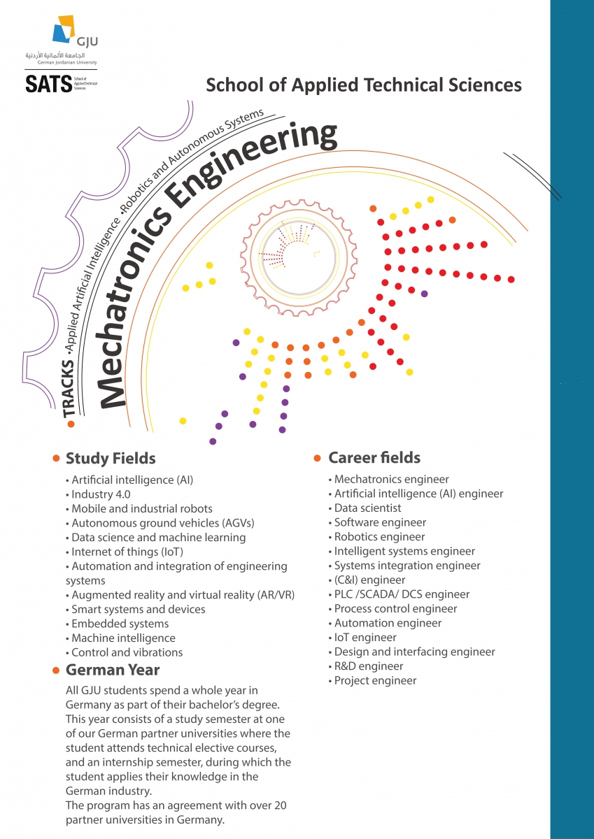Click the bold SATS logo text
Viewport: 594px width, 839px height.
pos(48,85)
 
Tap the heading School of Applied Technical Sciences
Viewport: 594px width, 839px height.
pos(364,85)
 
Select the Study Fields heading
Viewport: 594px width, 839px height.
pos(111,459)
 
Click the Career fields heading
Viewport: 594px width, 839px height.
pos(374,458)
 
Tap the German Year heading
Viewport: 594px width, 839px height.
pos(113,670)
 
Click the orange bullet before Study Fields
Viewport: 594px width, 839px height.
pos(56,459)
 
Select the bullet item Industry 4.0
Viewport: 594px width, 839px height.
pos(98,494)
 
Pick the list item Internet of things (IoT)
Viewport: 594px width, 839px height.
pos(123,552)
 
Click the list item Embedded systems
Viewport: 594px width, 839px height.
pos(120,624)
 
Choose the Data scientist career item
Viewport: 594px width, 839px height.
pos(367,508)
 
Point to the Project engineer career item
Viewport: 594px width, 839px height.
pos(375,680)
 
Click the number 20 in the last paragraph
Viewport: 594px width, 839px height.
pos(280,805)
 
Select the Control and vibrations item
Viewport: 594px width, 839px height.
pos(127,652)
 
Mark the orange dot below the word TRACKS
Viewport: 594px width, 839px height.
pos(71,424)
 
